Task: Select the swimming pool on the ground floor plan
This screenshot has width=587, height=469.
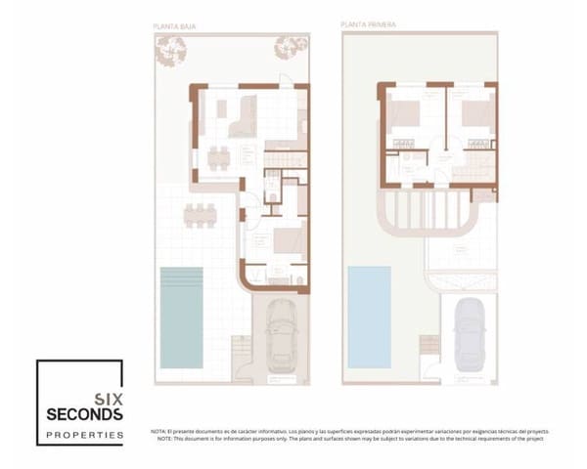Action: coord(181,317)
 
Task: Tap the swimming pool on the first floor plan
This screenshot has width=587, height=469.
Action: coord(370,315)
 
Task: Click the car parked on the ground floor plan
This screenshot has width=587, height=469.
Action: coord(281,336)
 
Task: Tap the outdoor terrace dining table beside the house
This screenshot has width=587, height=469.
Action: coord(201,215)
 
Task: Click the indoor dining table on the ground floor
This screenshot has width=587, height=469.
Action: coord(218,155)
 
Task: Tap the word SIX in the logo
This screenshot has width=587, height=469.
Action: coord(107,398)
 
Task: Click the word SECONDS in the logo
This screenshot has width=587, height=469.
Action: coord(85,414)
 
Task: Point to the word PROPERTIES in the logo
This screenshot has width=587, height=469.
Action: coord(85,434)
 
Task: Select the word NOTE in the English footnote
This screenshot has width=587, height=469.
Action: coord(161,439)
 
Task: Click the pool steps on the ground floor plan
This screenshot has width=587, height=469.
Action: coord(240,348)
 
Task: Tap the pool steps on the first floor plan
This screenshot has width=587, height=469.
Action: coord(429,346)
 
